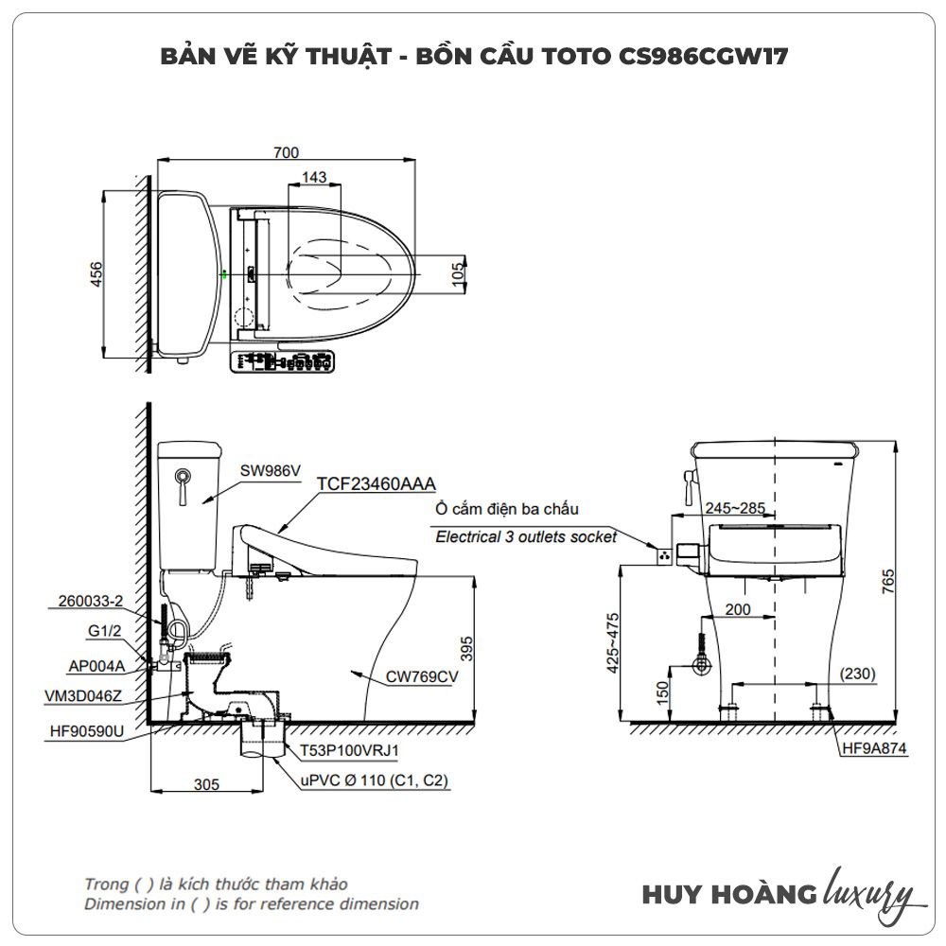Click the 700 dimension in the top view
(x=286, y=152)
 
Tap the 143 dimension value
(x=314, y=177)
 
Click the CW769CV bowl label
(x=422, y=676)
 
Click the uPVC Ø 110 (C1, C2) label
(x=377, y=781)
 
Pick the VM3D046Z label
(x=83, y=695)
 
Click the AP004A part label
(x=96, y=664)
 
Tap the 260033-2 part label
(x=91, y=600)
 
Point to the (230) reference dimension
(x=857, y=674)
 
